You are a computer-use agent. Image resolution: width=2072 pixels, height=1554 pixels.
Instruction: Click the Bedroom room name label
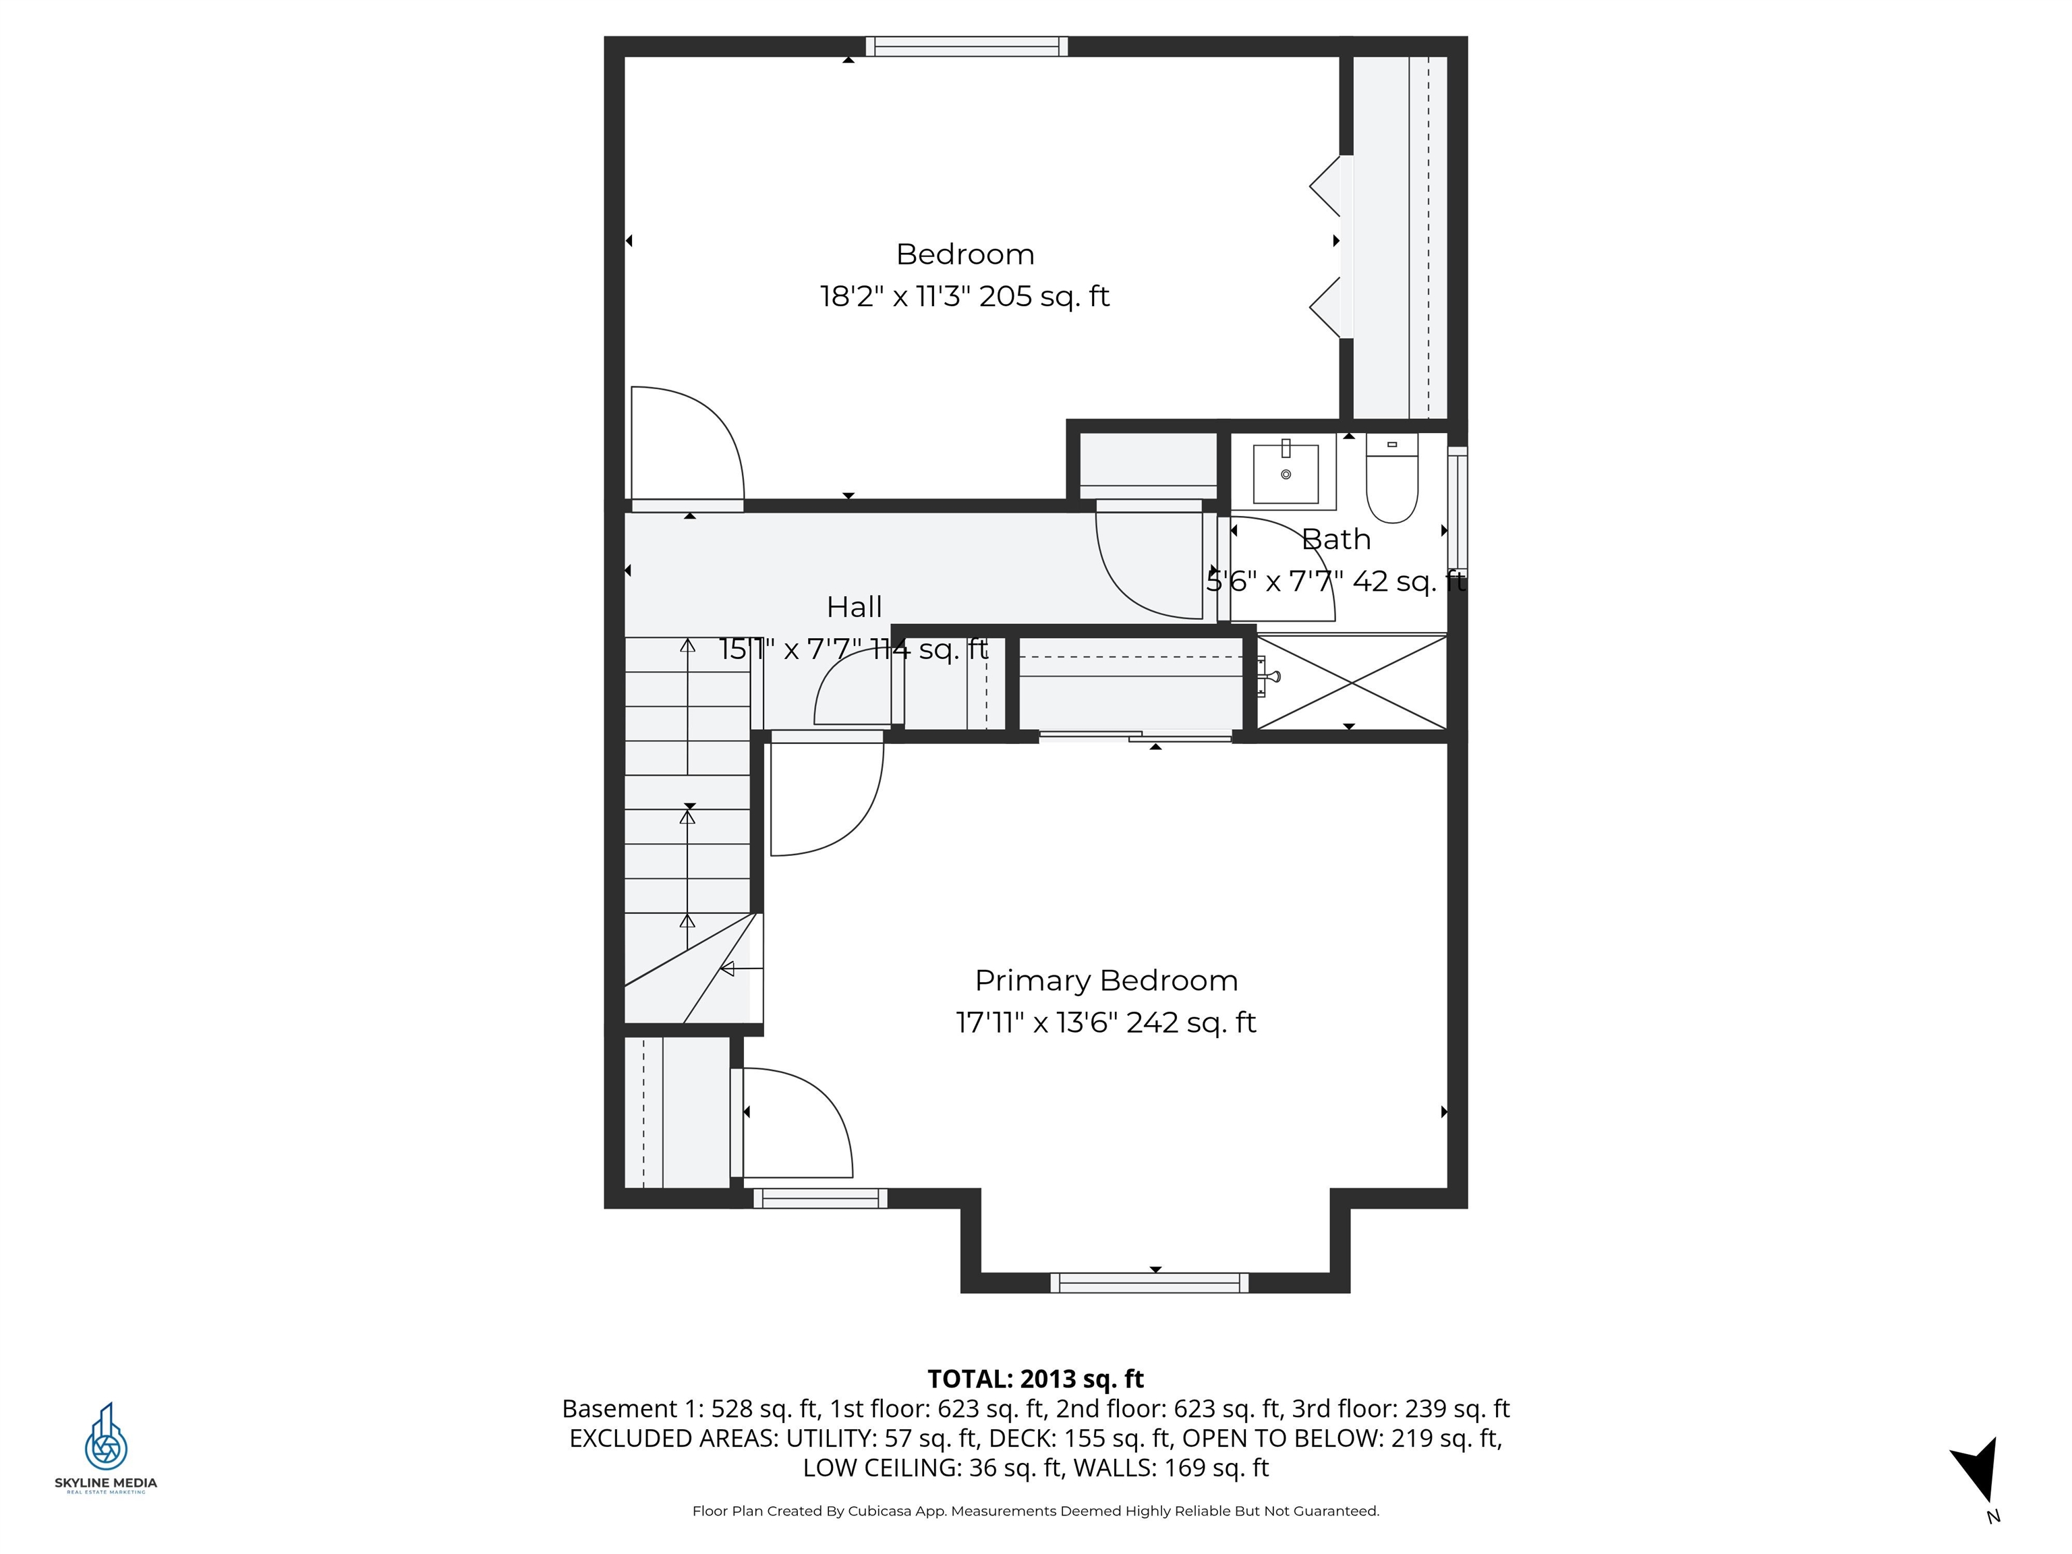(x=965, y=254)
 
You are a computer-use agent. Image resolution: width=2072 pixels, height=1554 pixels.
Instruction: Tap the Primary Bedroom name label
(x=1105, y=980)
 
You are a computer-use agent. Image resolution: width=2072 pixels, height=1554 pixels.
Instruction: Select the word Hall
(x=853, y=607)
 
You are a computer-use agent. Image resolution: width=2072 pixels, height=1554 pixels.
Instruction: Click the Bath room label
(x=1335, y=540)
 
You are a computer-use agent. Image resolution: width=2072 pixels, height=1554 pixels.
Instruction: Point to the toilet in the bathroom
(x=1392, y=478)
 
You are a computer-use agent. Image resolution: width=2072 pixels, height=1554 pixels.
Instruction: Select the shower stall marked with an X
(x=1351, y=681)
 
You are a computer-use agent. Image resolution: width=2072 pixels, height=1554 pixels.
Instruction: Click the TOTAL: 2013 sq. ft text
(x=1035, y=1379)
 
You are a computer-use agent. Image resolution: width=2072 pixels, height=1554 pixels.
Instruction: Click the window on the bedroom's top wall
(x=966, y=47)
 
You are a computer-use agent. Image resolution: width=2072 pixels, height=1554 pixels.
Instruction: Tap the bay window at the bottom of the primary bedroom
(x=1149, y=1282)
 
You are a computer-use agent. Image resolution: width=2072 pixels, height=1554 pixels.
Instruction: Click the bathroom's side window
(x=1457, y=508)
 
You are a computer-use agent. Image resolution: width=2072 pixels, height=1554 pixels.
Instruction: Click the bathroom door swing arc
(x=1279, y=567)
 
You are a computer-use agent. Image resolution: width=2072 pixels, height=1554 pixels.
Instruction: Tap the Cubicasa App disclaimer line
(x=1035, y=1511)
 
